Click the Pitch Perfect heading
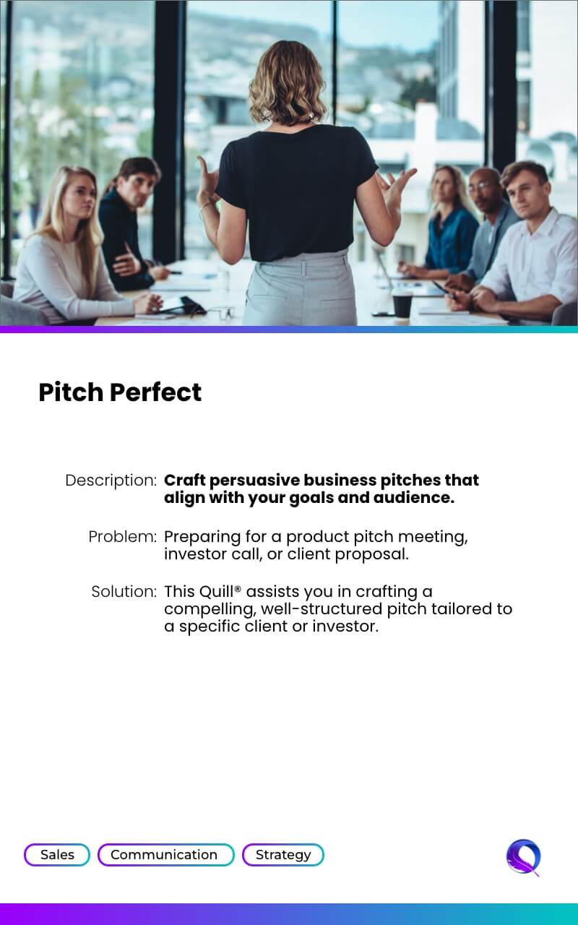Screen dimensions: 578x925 pos(120,392)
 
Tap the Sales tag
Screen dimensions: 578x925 pos(57,854)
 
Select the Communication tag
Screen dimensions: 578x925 pos(166,854)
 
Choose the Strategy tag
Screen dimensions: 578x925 pos(283,854)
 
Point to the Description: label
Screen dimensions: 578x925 pos(111,481)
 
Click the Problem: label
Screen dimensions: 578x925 pos(123,537)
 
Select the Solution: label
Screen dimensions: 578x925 pos(124,592)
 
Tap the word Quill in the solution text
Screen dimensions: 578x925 pos(216,592)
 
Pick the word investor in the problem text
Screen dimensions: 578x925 pos(195,554)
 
